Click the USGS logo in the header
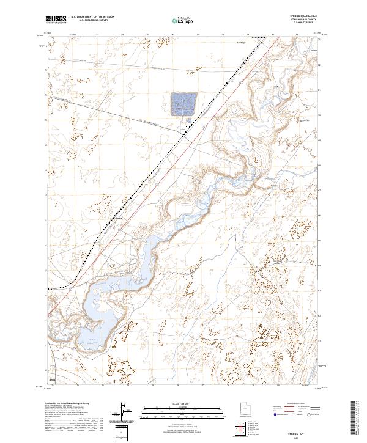coord(56,20)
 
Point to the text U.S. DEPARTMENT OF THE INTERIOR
coord(92,18)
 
